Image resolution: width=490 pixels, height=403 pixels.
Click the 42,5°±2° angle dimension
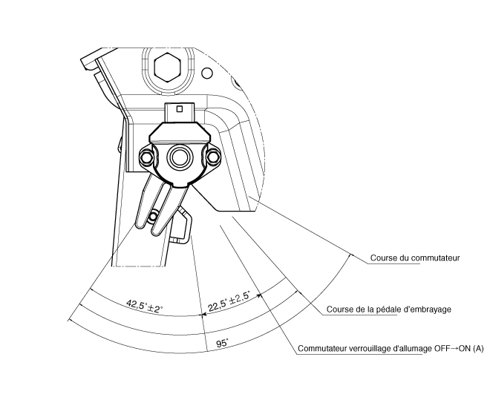tap(145, 307)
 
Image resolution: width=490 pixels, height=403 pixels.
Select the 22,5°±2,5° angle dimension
tap(229, 301)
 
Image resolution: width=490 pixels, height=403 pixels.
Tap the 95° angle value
tap(222, 344)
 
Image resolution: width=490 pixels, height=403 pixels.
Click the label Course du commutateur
tap(415, 258)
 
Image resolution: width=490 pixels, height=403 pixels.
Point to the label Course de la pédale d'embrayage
tap(389, 309)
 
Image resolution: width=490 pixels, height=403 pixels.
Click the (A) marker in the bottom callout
tap(478, 348)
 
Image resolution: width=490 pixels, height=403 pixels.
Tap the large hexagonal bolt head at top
tap(167, 68)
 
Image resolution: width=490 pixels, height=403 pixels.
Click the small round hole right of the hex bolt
tap(206, 73)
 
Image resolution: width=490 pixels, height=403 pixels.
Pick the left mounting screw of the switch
tap(146, 156)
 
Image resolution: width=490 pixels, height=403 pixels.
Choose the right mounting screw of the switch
tap(213, 156)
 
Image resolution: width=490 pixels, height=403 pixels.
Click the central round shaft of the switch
tap(179, 156)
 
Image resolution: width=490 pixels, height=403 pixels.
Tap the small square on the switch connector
tap(180, 109)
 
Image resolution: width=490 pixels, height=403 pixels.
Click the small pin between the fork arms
tap(153, 216)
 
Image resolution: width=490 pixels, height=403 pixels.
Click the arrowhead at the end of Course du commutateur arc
tap(350, 256)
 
